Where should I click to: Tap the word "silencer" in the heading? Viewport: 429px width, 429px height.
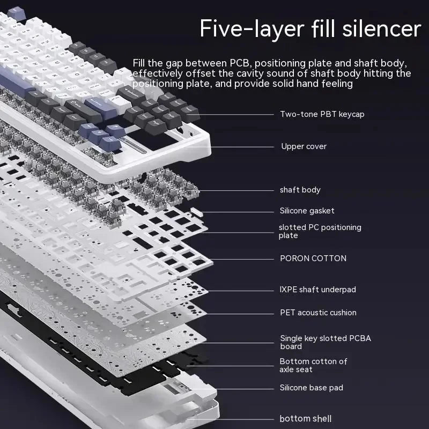coord(381,28)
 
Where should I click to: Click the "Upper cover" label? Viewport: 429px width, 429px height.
coord(304,146)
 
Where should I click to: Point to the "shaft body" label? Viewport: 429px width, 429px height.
coord(300,190)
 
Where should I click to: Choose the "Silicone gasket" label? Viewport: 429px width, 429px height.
coord(307,211)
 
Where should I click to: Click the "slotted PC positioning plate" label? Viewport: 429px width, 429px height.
coord(320,231)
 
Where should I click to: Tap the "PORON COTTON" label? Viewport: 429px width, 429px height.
coord(313,258)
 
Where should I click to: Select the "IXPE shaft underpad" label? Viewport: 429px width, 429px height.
coord(317,290)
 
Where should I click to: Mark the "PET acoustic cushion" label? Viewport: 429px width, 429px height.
coord(318,313)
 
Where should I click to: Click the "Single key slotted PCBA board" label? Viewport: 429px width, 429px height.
coord(325,342)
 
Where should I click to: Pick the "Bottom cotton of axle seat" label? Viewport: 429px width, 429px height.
coord(313,365)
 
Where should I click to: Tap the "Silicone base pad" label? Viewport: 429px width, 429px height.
coord(311,388)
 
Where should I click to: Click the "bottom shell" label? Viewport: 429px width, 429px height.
coord(305,419)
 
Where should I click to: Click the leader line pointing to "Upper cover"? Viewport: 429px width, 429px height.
coord(241,146)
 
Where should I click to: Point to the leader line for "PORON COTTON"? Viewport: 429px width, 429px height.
coord(241,259)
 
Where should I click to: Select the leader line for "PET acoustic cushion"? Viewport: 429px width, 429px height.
coord(241,313)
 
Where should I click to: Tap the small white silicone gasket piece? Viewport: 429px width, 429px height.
coord(195,212)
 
